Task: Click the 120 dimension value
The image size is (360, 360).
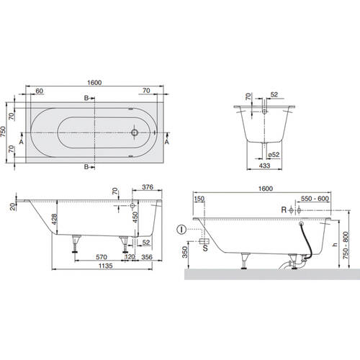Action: (x=131, y=256)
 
